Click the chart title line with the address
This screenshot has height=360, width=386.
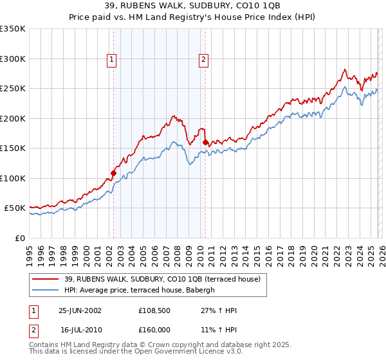point(193,6)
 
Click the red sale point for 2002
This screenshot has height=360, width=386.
point(114,173)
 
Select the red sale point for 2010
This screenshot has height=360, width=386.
point(205,142)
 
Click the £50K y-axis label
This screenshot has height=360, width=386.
point(15,208)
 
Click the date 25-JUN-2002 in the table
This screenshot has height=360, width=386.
point(80,310)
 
